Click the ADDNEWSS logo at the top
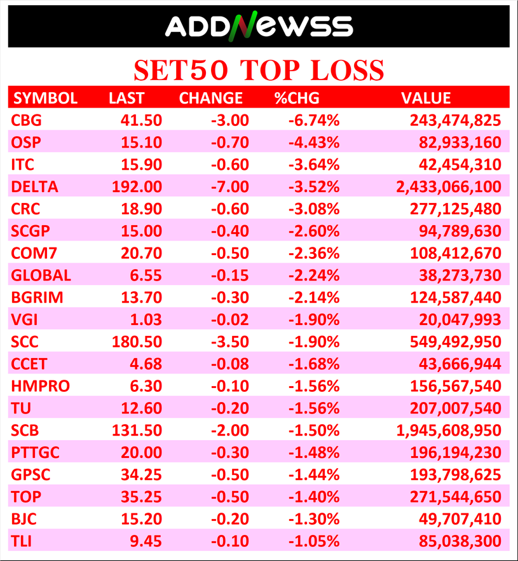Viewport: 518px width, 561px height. click(259, 26)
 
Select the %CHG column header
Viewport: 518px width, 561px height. click(296, 98)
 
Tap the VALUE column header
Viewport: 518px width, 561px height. click(426, 98)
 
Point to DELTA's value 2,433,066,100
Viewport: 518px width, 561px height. click(449, 187)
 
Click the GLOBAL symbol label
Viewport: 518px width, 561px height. click(41, 275)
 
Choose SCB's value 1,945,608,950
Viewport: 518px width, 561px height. click(449, 430)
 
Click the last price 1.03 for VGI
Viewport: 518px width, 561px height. click(147, 319)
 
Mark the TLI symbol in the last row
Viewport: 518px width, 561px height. click(23, 541)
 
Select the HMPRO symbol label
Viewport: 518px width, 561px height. click(40, 386)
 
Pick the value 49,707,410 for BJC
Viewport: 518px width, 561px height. click(461, 519)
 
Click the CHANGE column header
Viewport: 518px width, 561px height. click(211, 98)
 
